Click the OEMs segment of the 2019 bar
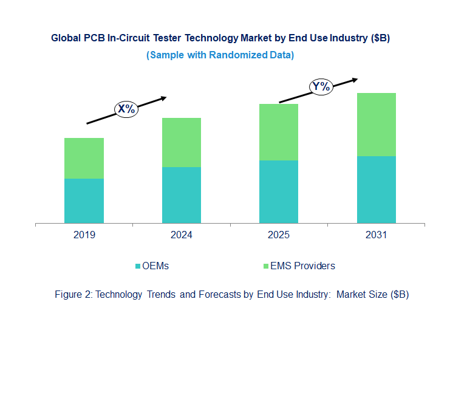(x=84, y=201)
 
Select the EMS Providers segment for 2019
(x=84, y=158)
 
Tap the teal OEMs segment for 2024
(x=182, y=195)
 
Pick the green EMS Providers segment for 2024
(x=182, y=142)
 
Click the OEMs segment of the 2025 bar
(x=279, y=191)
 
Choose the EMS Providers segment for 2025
(x=279, y=132)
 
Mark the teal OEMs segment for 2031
(x=376, y=190)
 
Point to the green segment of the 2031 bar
(x=376, y=125)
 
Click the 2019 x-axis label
(x=84, y=235)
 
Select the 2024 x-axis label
(x=182, y=235)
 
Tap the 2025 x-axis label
(x=279, y=235)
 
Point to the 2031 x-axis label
(x=376, y=235)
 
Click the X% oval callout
(x=126, y=109)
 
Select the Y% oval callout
(x=321, y=87)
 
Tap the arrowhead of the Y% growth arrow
(x=355, y=79)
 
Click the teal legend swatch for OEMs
(x=137, y=266)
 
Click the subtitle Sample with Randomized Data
(x=220, y=55)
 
